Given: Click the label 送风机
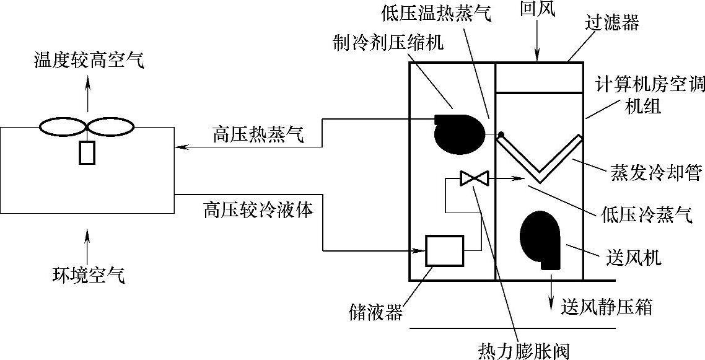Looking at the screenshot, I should pos(632,257).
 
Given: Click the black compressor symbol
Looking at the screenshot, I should pos(459,132).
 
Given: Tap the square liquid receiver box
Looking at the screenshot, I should pos(444,250).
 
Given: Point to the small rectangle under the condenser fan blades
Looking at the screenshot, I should pos(87,152).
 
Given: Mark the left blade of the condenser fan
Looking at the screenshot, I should pos(63,127).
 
